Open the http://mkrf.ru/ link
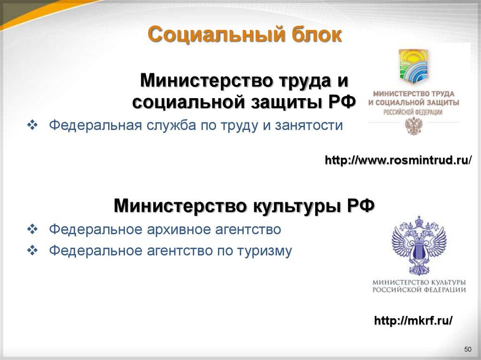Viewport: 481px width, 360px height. tap(413, 321)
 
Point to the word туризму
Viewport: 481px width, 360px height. tap(263, 251)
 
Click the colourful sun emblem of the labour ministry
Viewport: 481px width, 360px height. tap(413, 66)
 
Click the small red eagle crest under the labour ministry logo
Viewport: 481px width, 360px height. tap(414, 126)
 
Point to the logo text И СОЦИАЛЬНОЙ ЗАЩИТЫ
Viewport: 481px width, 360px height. tap(414, 102)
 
